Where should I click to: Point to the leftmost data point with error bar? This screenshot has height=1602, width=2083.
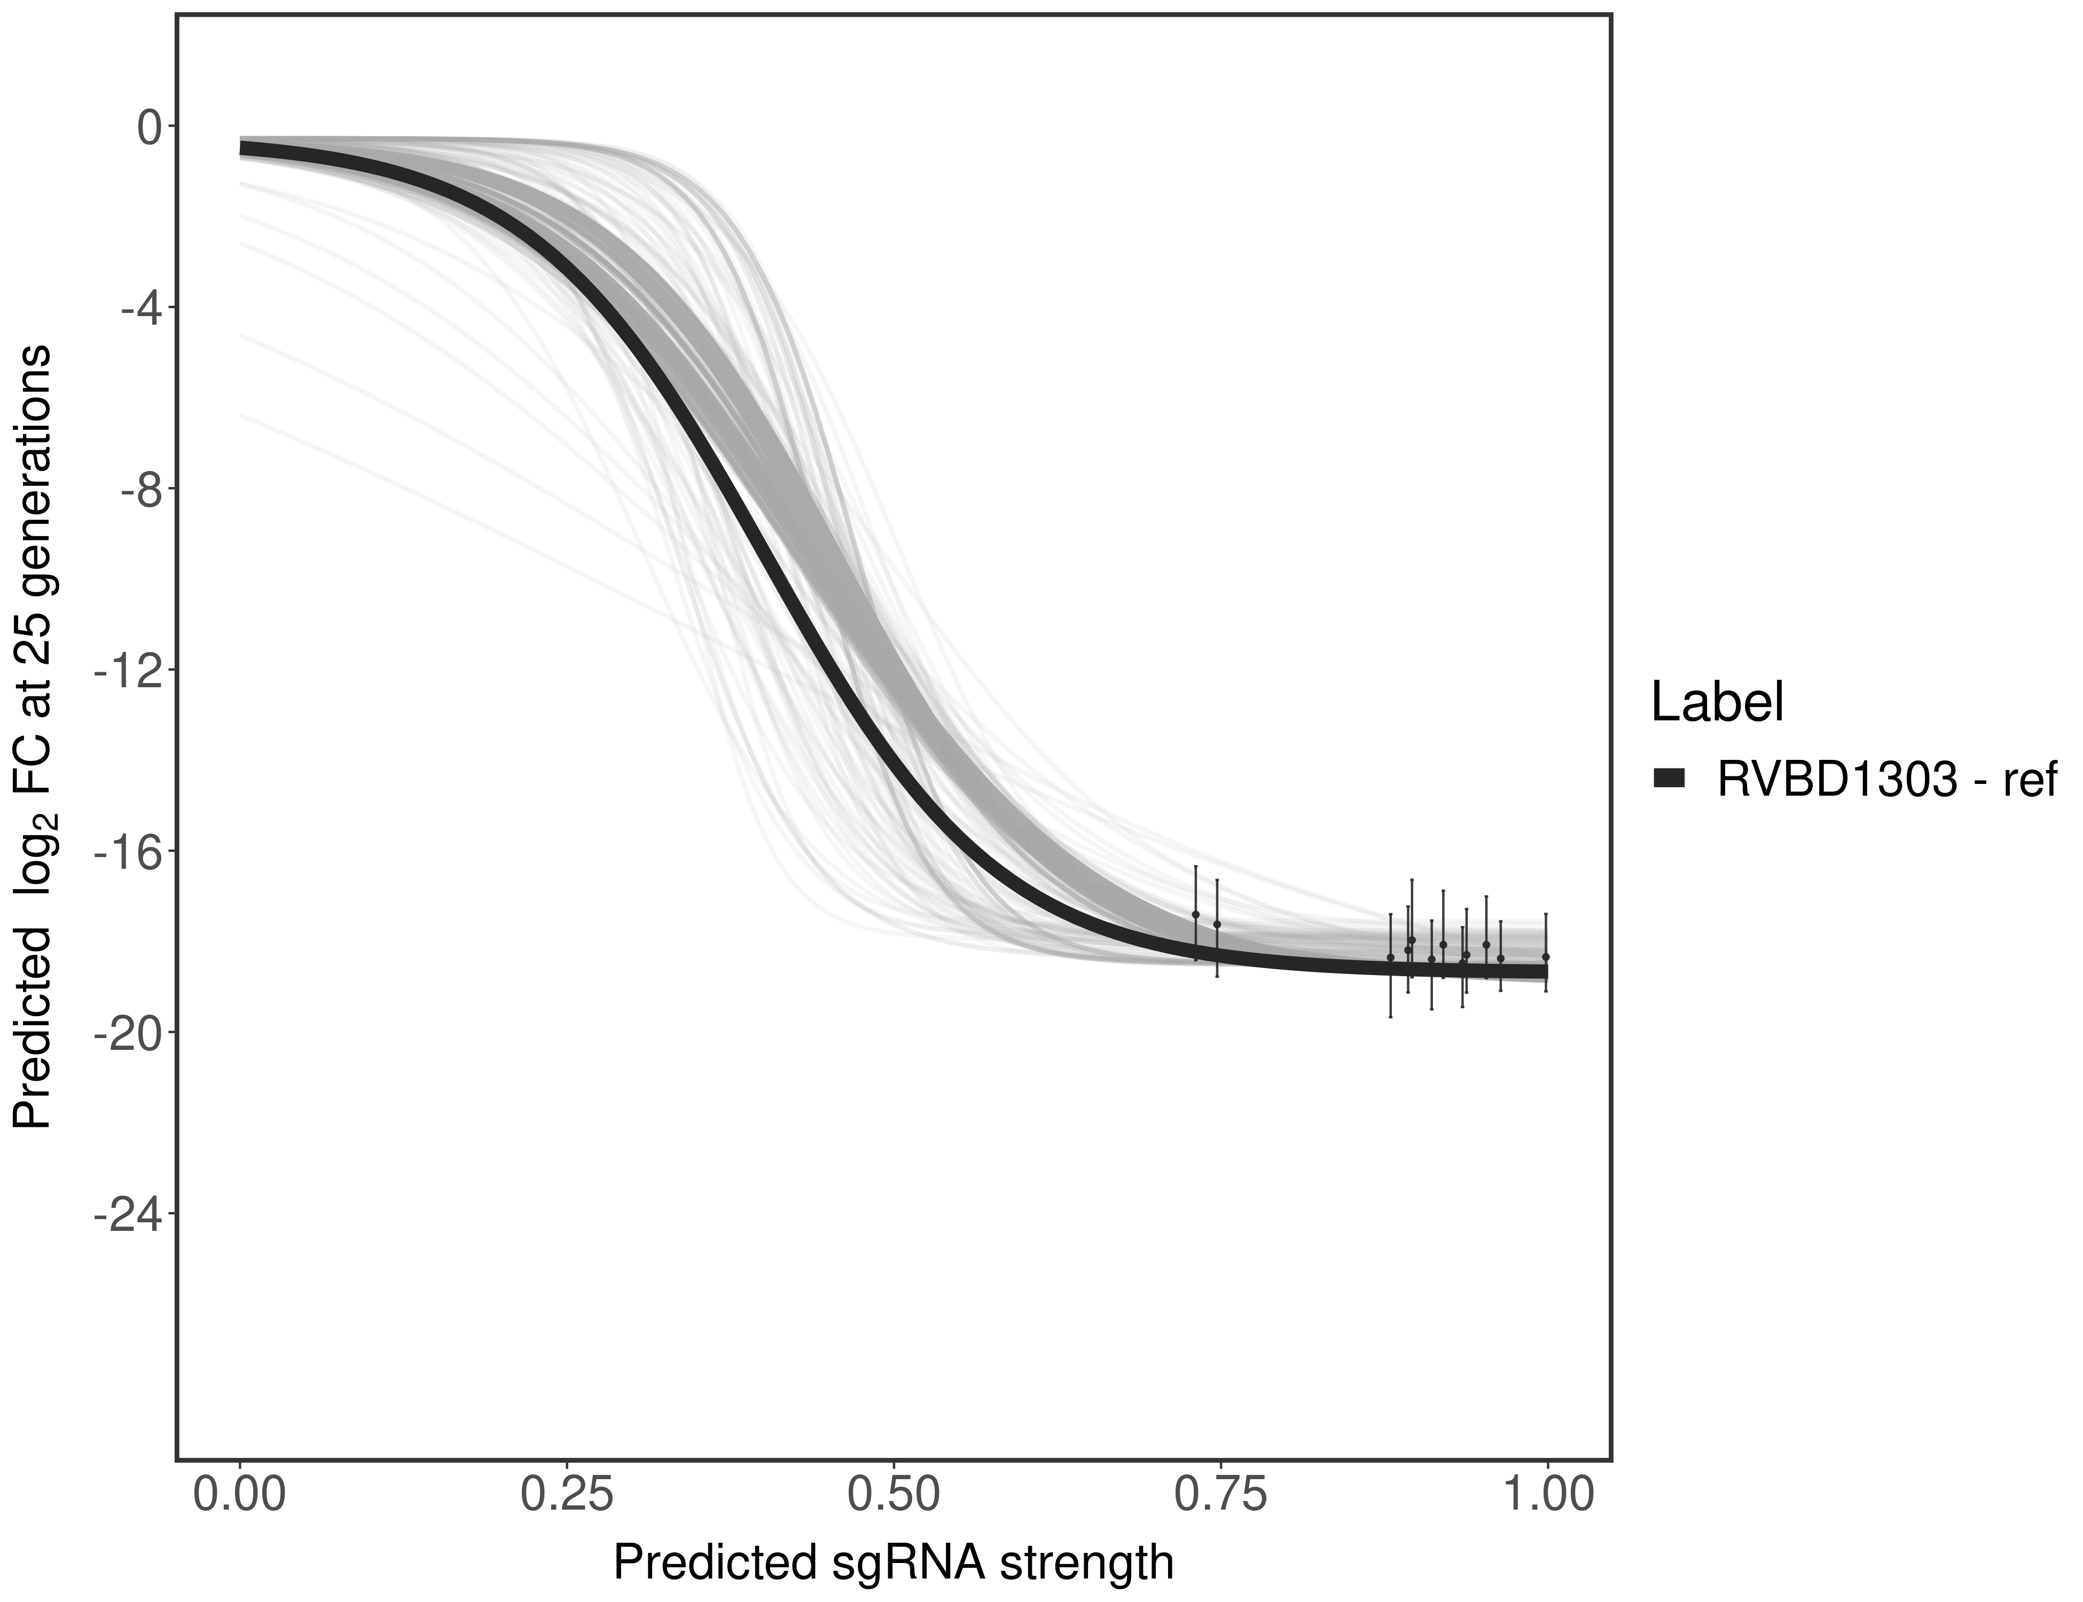pyautogui.click(x=1195, y=914)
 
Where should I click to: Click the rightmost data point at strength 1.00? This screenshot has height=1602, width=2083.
pyautogui.click(x=1546, y=956)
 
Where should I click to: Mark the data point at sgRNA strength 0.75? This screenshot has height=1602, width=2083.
pyautogui.click(x=1217, y=924)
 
